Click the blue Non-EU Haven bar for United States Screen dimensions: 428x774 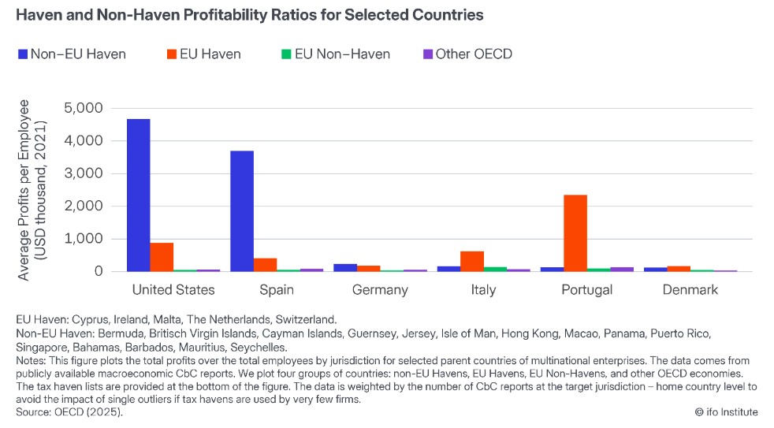click(139, 195)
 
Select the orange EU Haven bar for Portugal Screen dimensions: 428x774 click(575, 233)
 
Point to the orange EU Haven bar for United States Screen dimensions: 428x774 click(162, 257)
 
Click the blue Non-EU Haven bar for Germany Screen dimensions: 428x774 click(345, 268)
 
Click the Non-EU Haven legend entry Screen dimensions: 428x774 click(71, 54)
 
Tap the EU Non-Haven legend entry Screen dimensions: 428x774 click(334, 54)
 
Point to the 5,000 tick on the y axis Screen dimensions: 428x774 click(85, 108)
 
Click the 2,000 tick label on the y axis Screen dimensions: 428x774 click(85, 207)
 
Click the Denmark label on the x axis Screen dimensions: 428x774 click(690, 290)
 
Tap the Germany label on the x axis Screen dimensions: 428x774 click(380, 290)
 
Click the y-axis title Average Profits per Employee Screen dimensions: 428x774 click(31, 189)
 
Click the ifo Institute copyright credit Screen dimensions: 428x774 click(727, 411)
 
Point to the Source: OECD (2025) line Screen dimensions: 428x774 click(69, 411)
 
